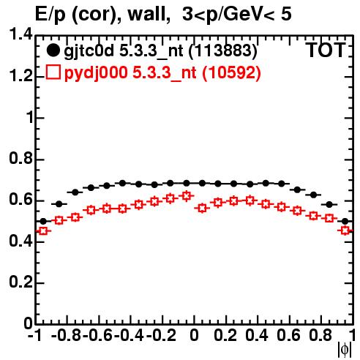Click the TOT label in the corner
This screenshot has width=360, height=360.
(x=326, y=50)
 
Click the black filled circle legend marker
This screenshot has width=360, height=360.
(x=53, y=50)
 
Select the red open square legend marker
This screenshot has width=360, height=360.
(x=53, y=72)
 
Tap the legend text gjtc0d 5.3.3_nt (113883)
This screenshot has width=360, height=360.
(x=160, y=51)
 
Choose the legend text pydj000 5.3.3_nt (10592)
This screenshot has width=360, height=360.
(x=162, y=72)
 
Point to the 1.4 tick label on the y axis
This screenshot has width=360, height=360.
(x=20, y=34)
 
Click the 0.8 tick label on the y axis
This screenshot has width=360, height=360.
(x=20, y=159)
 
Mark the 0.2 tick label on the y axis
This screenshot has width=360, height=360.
(x=20, y=282)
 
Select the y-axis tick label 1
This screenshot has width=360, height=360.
(x=30, y=117)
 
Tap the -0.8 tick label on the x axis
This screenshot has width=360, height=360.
(x=66, y=335)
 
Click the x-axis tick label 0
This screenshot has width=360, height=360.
(x=194, y=335)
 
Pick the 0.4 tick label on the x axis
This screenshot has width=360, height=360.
(x=257, y=335)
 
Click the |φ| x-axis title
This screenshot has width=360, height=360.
(x=345, y=350)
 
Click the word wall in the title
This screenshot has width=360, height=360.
(x=149, y=14)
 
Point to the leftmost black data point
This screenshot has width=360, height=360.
(x=43, y=222)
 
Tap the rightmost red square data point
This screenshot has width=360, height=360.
(x=345, y=230)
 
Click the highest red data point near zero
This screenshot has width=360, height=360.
(x=187, y=195)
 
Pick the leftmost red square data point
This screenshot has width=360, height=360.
(x=43, y=230)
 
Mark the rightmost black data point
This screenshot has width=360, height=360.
(x=345, y=222)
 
